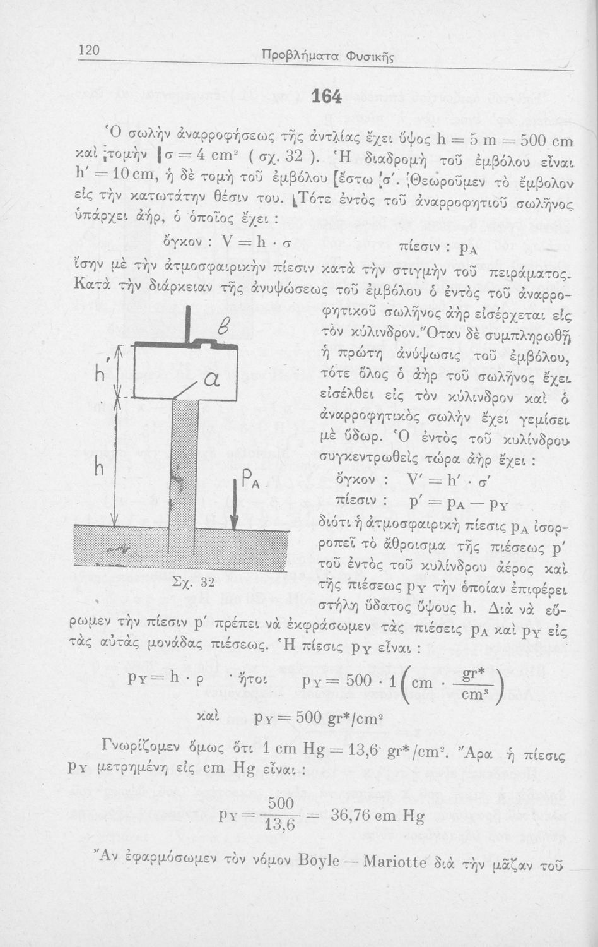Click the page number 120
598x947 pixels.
tap(90, 51)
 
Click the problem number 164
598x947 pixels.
tap(327, 96)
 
